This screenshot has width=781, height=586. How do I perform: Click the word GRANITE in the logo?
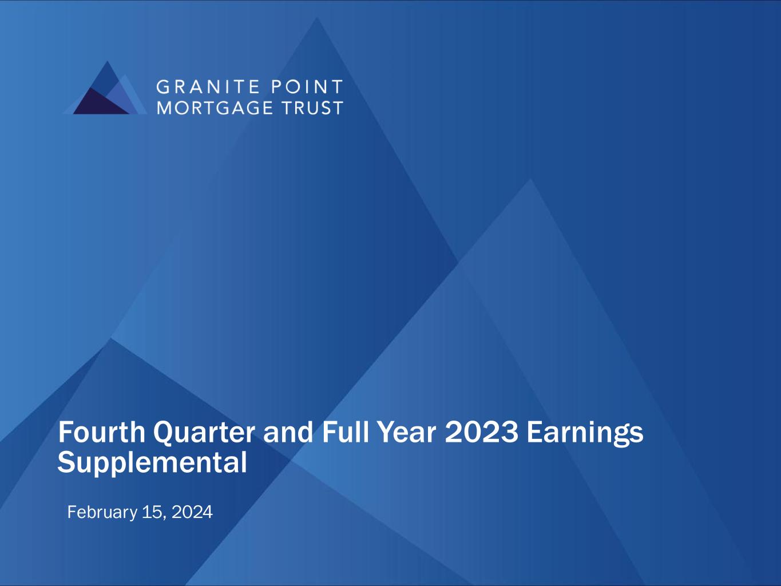point(208,87)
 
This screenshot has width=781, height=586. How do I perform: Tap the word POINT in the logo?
point(307,87)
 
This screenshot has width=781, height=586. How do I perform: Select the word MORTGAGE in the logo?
point(215,108)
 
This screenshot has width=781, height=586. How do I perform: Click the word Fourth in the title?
point(102,432)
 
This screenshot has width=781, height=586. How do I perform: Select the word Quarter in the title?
point(204,433)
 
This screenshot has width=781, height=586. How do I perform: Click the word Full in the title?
point(346,432)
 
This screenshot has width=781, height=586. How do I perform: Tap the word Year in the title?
point(407,432)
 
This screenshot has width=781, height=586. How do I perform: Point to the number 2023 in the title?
point(481,432)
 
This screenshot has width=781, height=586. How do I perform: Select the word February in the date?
point(102,513)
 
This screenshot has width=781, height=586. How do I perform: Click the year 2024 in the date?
point(192,512)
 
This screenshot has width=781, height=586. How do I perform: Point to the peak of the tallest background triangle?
point(316,18)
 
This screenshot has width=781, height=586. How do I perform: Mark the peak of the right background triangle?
point(530,179)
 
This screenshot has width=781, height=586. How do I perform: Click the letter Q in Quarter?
point(165,433)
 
